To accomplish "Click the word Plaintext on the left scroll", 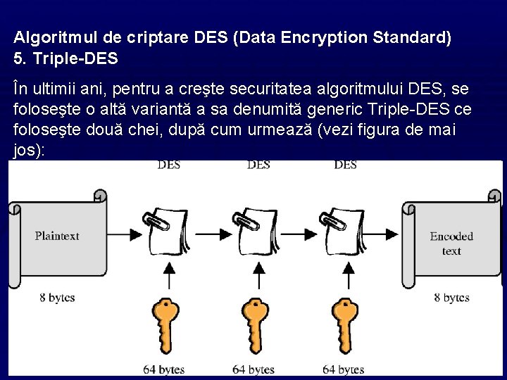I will click(x=57, y=236).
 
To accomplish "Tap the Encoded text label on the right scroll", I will click(x=451, y=243).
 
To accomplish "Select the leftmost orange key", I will click(x=167, y=323).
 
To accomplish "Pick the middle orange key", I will click(x=256, y=323).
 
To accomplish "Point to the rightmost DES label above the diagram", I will click(x=345, y=165).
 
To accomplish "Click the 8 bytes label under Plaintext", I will click(x=57, y=298).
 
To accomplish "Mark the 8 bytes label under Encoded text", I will click(x=451, y=298).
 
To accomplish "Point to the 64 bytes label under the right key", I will click(x=343, y=369).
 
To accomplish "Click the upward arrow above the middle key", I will click(x=256, y=272).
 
